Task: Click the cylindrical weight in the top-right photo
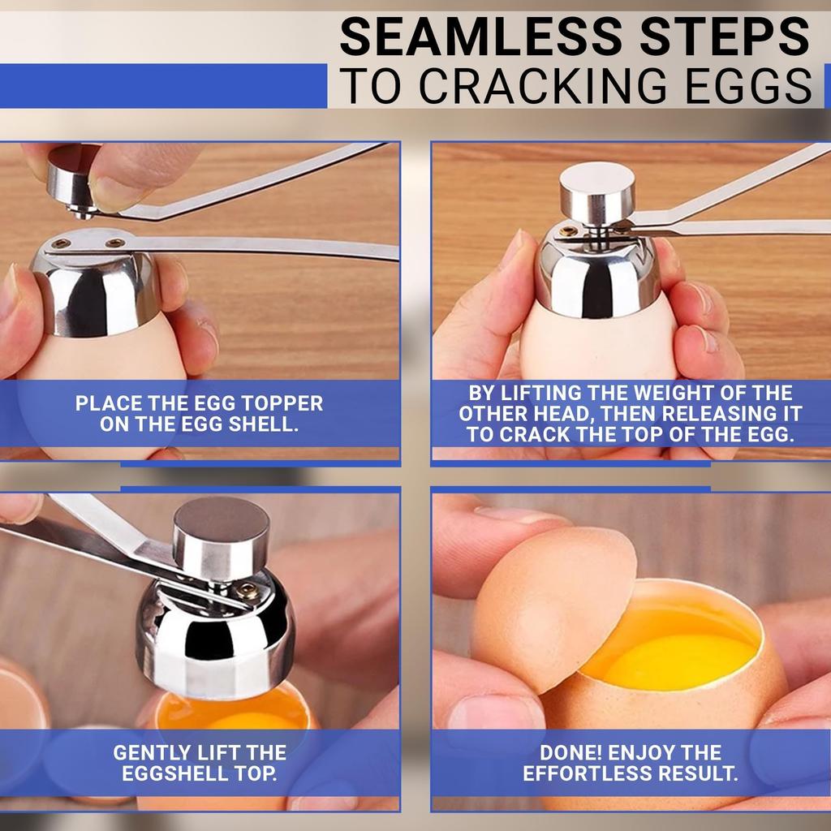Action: tap(597, 192)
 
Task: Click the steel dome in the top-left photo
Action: tap(95, 288)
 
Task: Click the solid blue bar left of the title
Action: tap(162, 86)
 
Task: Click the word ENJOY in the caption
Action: tap(651, 752)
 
